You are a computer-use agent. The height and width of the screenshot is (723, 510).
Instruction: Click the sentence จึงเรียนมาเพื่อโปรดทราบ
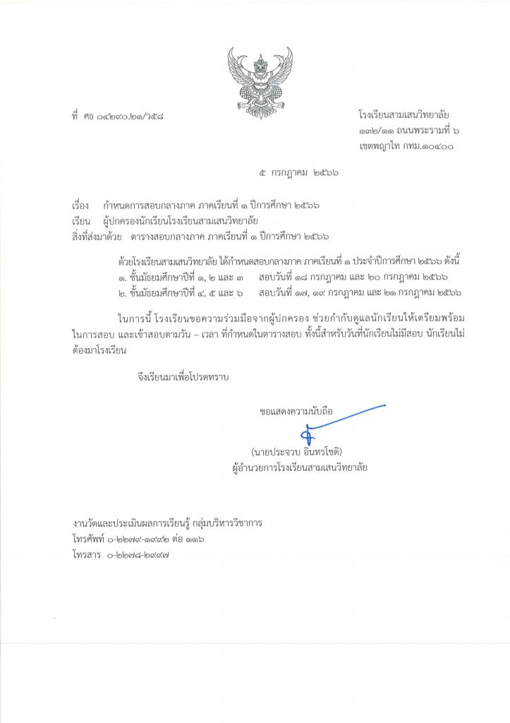(188, 377)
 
